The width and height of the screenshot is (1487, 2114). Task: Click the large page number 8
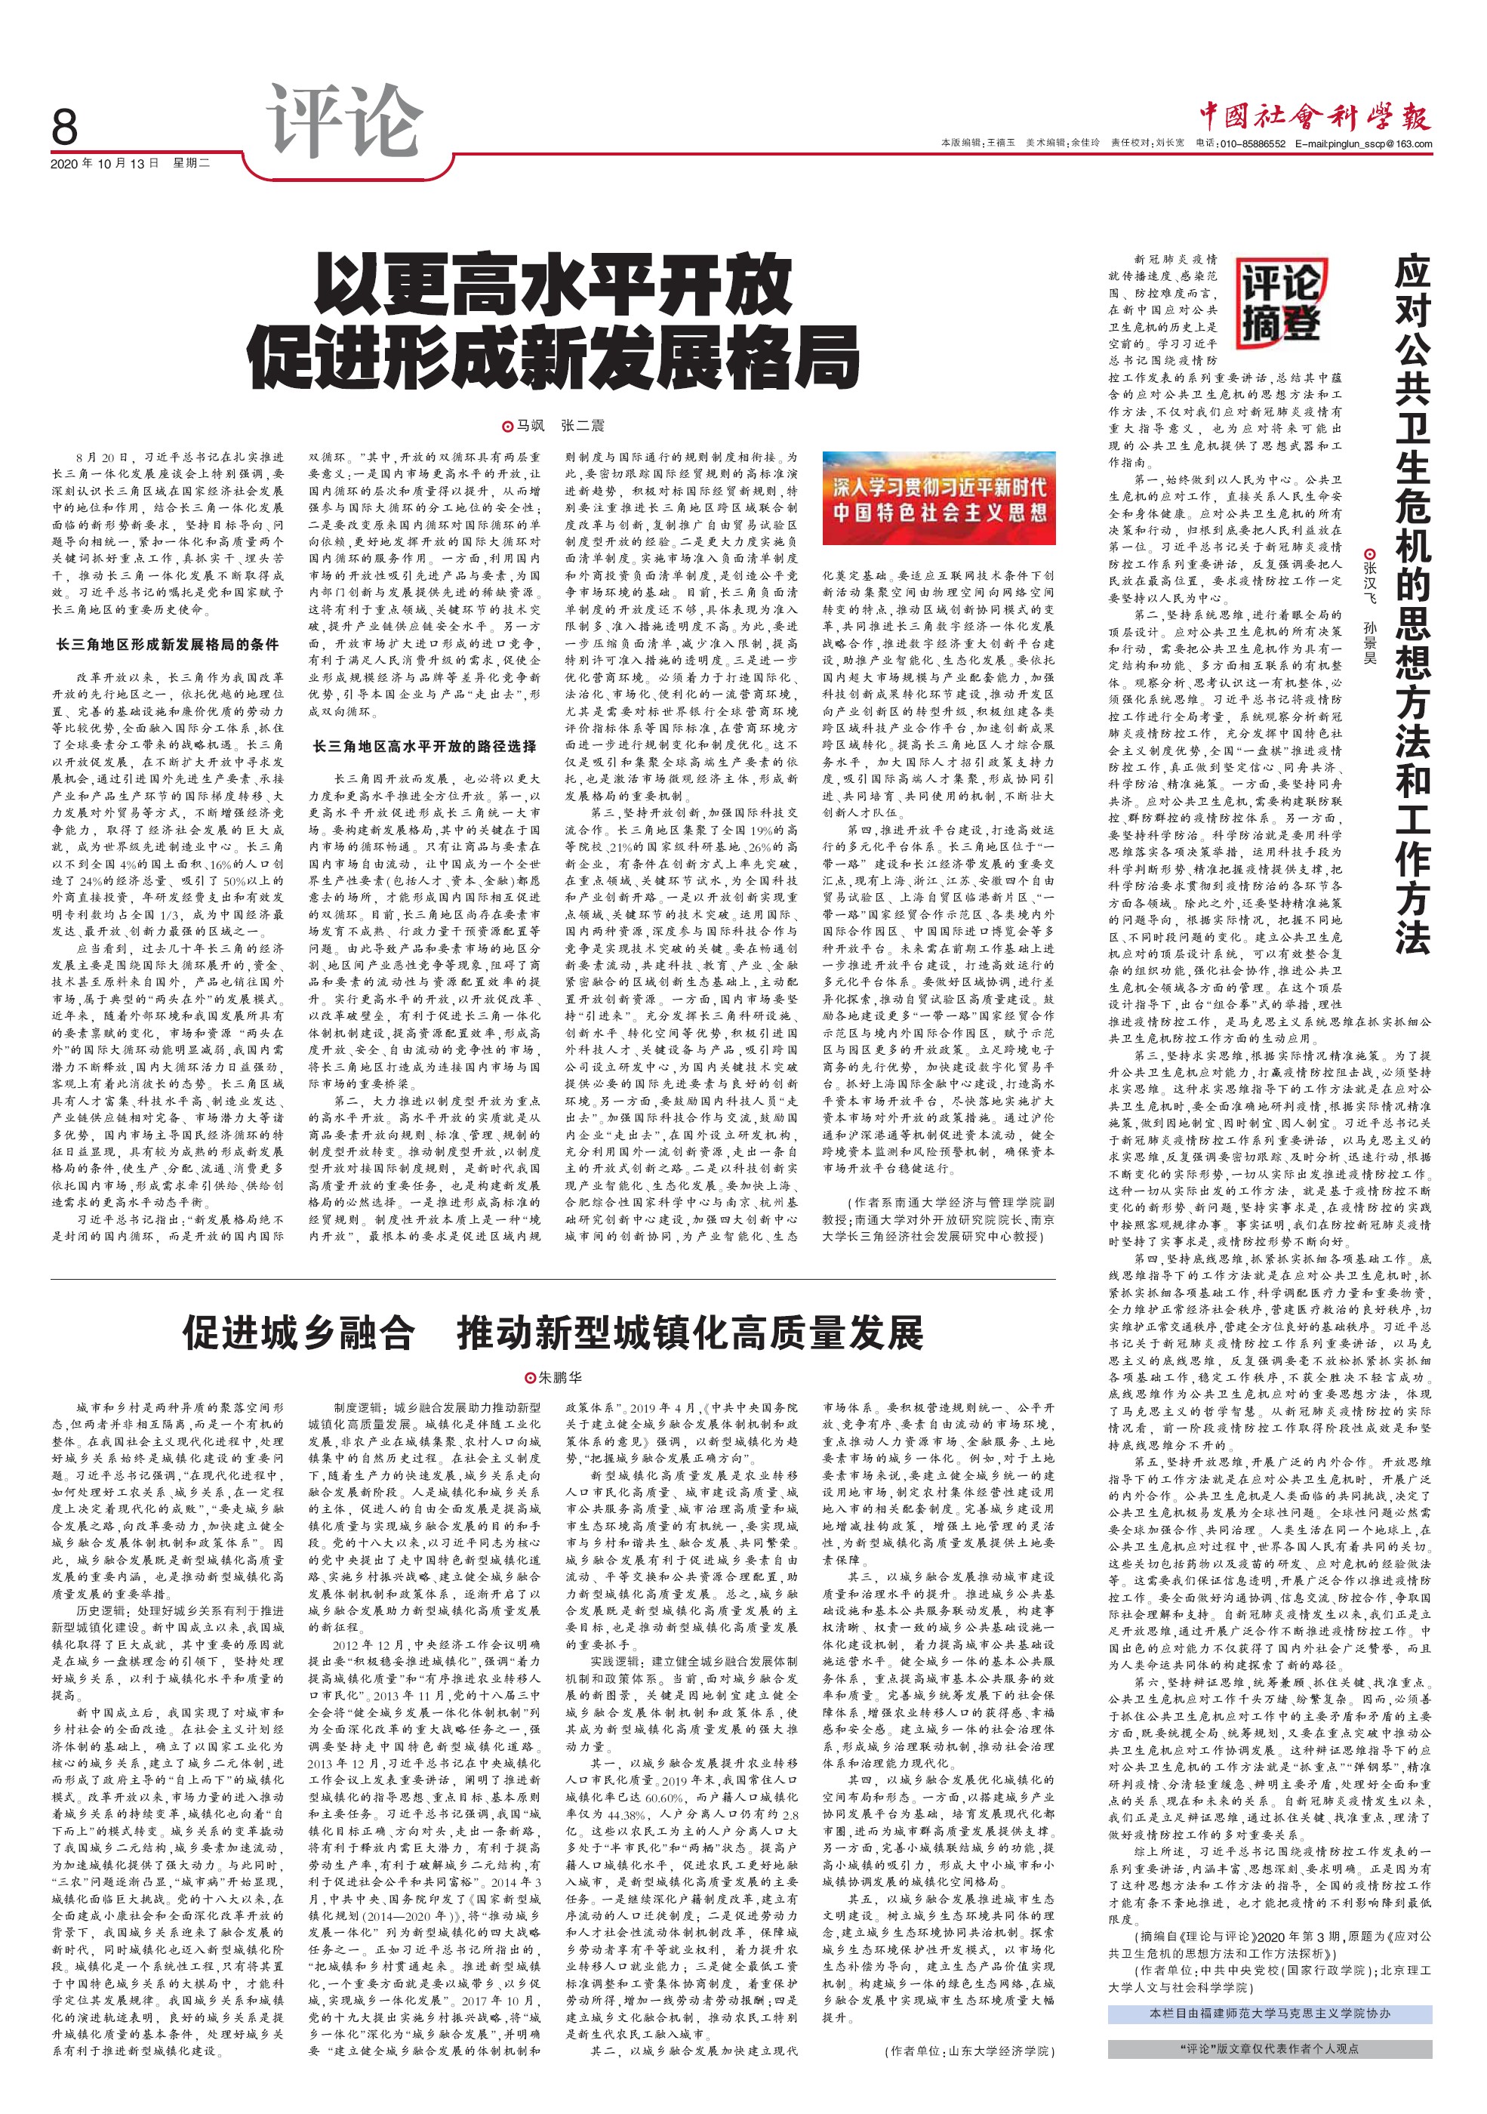point(64,127)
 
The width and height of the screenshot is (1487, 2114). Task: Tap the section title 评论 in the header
point(343,122)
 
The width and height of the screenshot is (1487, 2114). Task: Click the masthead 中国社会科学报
point(1315,116)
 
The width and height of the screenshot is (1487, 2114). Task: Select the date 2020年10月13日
point(104,163)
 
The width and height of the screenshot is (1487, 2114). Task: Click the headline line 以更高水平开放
point(553,286)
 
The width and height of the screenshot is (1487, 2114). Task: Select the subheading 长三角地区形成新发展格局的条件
point(168,645)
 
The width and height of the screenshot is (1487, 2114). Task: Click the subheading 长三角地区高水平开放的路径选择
point(424,746)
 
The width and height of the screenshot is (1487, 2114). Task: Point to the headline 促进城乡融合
point(298,1333)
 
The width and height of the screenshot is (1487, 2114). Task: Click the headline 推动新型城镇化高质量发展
point(690,1333)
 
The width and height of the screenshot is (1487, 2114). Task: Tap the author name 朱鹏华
point(559,1377)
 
